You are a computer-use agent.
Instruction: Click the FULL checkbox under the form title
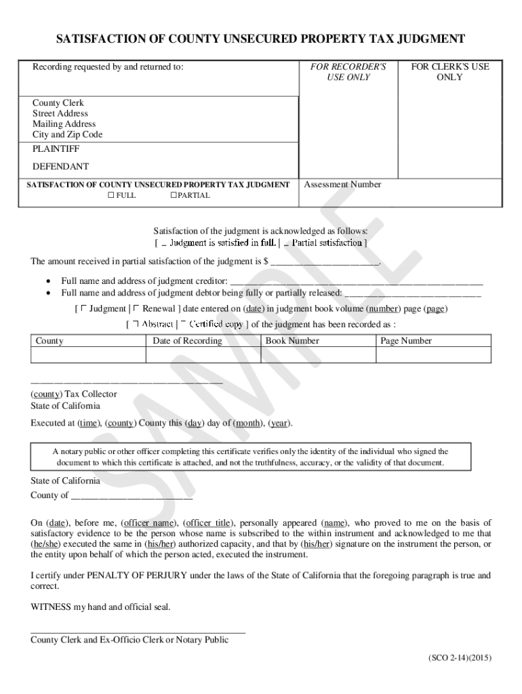(111, 195)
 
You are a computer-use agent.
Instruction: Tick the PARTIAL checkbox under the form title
(174, 195)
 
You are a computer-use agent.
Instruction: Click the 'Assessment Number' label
(342, 184)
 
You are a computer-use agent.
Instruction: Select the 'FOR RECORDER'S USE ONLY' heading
(348, 72)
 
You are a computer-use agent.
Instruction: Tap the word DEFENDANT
(60, 166)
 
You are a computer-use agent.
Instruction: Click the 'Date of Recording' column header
(187, 341)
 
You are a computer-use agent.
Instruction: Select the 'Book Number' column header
(292, 341)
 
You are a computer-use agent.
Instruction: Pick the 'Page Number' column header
(406, 341)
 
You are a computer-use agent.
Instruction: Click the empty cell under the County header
(89, 355)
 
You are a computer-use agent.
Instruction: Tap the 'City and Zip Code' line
(68, 134)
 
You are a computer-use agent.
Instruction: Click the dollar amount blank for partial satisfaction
(325, 262)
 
